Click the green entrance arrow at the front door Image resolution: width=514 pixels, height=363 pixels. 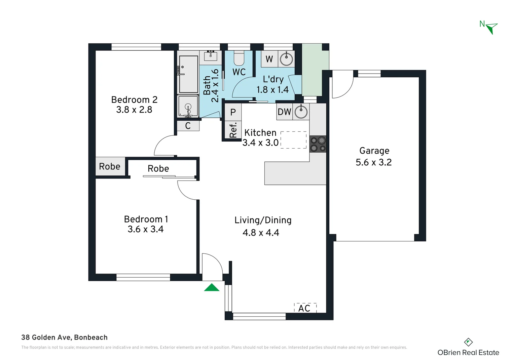[212, 287]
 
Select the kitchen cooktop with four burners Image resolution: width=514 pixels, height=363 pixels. [318, 144]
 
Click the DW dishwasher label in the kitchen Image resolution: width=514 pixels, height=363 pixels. [284, 112]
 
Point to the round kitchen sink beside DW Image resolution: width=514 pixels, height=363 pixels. [301, 112]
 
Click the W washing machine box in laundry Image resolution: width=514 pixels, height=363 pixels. [269, 59]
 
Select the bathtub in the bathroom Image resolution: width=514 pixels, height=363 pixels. [188, 74]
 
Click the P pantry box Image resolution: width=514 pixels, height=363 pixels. [233, 112]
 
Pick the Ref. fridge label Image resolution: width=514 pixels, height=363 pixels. [233, 130]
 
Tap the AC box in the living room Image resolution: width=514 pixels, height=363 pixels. [305, 308]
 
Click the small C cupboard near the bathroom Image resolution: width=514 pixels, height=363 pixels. [188, 126]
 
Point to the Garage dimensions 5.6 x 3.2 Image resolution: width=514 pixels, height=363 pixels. [374, 162]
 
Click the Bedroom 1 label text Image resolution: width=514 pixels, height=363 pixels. [146, 219]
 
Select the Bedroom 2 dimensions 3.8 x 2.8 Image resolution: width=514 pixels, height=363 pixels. [134, 110]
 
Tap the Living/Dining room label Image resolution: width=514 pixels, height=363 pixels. [263, 220]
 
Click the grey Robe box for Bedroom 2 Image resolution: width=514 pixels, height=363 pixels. [110, 166]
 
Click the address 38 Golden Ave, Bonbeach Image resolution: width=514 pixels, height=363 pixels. [64, 337]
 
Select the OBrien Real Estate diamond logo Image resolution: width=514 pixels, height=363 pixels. [468, 342]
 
